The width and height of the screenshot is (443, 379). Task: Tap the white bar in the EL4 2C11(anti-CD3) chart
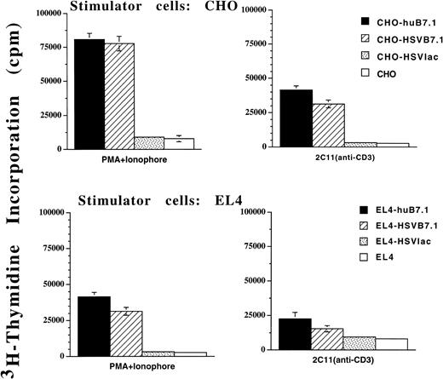tap(393, 345)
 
